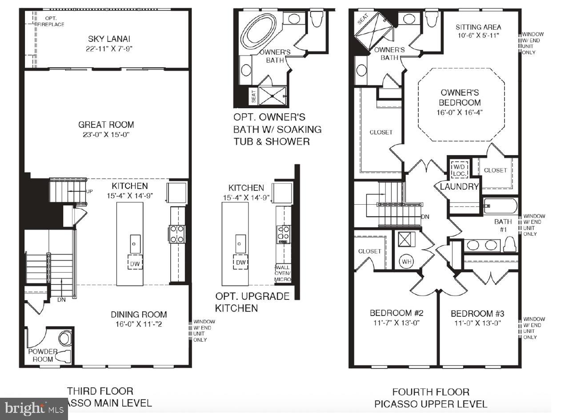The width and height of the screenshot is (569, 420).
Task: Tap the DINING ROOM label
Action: pyautogui.click(x=139, y=315)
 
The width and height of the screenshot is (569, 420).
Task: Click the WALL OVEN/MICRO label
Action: pyautogui.click(x=283, y=273)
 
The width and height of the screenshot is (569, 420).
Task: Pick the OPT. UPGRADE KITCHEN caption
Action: pyautogui.click(x=252, y=302)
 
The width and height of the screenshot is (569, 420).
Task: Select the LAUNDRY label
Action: pyautogui.click(x=459, y=187)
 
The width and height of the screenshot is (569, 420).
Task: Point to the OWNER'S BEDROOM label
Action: pyautogui.click(x=460, y=97)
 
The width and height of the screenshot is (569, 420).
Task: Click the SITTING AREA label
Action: pyautogui.click(x=478, y=27)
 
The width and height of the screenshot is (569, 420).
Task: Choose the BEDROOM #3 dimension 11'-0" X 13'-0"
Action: pyautogui.click(x=477, y=323)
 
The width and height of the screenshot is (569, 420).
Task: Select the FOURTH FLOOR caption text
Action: pyautogui.click(x=430, y=392)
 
